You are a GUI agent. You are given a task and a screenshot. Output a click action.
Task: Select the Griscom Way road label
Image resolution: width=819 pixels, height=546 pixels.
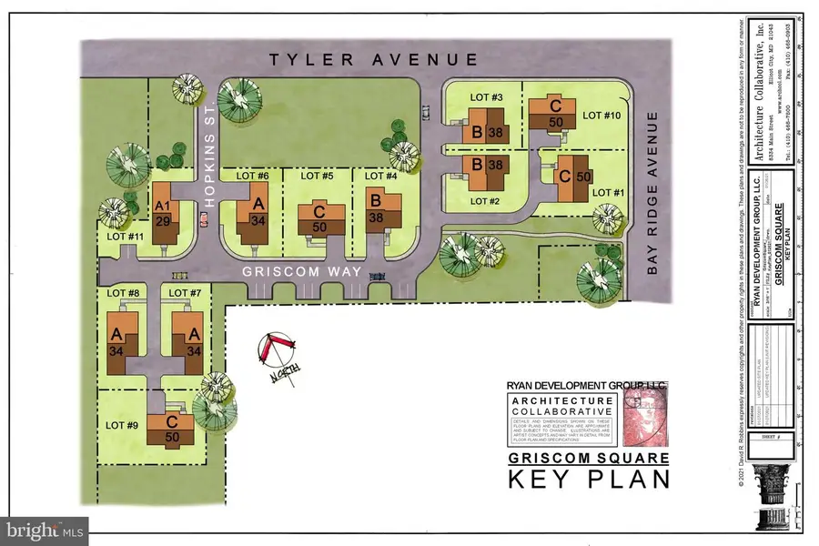303,272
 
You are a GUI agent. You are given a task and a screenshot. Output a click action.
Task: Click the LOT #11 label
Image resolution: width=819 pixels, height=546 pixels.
116,237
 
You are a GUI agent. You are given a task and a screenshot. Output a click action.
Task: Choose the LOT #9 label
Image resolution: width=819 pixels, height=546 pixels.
122,424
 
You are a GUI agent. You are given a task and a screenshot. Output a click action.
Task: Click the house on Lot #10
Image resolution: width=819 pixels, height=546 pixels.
551,115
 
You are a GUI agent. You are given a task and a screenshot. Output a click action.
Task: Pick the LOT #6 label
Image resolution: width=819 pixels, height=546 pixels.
252,176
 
